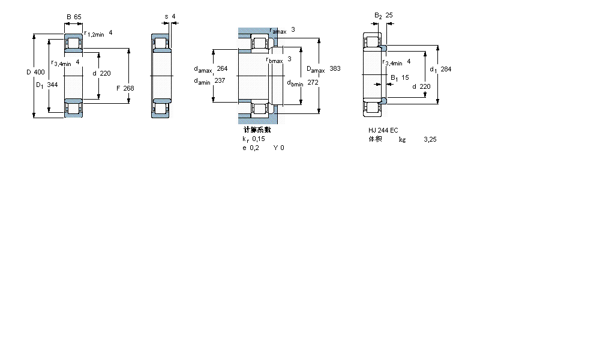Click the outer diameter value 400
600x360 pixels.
click(x=39, y=72)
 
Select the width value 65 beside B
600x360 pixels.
click(x=77, y=17)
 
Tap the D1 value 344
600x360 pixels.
click(x=52, y=85)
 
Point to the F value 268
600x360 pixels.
click(x=128, y=88)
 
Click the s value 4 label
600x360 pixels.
click(x=173, y=17)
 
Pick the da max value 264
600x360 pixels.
click(x=222, y=68)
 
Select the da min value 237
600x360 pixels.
click(x=220, y=81)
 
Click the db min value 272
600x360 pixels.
click(x=313, y=82)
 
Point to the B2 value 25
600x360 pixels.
click(x=389, y=15)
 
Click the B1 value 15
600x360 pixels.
click(x=405, y=77)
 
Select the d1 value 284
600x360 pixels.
click(x=445, y=69)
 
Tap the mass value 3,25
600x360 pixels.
click(x=430, y=139)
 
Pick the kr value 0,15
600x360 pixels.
click(x=258, y=139)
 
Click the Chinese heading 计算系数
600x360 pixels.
click(x=257, y=130)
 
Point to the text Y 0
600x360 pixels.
click(x=279, y=148)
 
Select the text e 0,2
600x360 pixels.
click(x=250, y=148)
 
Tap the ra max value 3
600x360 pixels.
click(x=293, y=29)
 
